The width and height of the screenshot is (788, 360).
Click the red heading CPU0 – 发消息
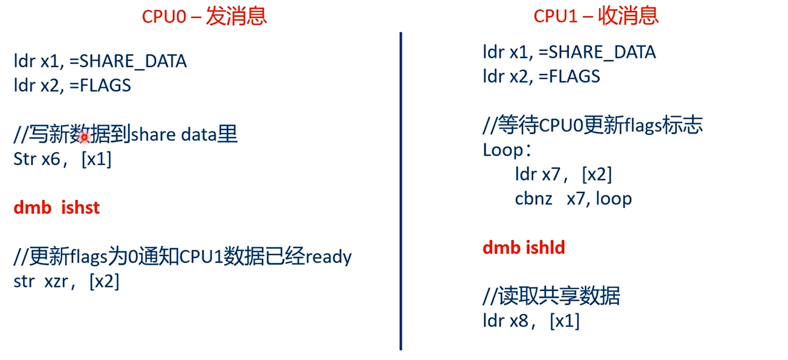(x=204, y=16)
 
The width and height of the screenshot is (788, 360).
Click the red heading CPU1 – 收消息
(x=596, y=16)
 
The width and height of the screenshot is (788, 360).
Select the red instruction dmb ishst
(x=56, y=208)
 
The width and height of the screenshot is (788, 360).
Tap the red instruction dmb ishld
(x=524, y=247)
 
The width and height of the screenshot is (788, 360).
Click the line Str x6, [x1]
(x=62, y=160)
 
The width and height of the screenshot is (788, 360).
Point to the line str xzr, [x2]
(x=66, y=281)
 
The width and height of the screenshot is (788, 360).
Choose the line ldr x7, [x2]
(x=563, y=174)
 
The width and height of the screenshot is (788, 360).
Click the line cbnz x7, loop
(x=573, y=198)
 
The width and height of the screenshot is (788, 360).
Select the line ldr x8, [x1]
(x=531, y=321)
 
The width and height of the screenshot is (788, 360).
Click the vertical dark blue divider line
(x=400, y=191)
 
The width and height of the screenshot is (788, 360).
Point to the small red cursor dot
(x=85, y=138)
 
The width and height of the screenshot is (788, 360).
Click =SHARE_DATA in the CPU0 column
(x=128, y=61)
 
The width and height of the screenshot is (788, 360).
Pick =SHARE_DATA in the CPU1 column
(x=597, y=53)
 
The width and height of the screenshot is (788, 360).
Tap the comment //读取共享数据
(x=551, y=296)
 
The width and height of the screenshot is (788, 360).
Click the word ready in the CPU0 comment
(x=328, y=257)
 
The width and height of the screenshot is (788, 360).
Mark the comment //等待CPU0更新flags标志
(x=593, y=125)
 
